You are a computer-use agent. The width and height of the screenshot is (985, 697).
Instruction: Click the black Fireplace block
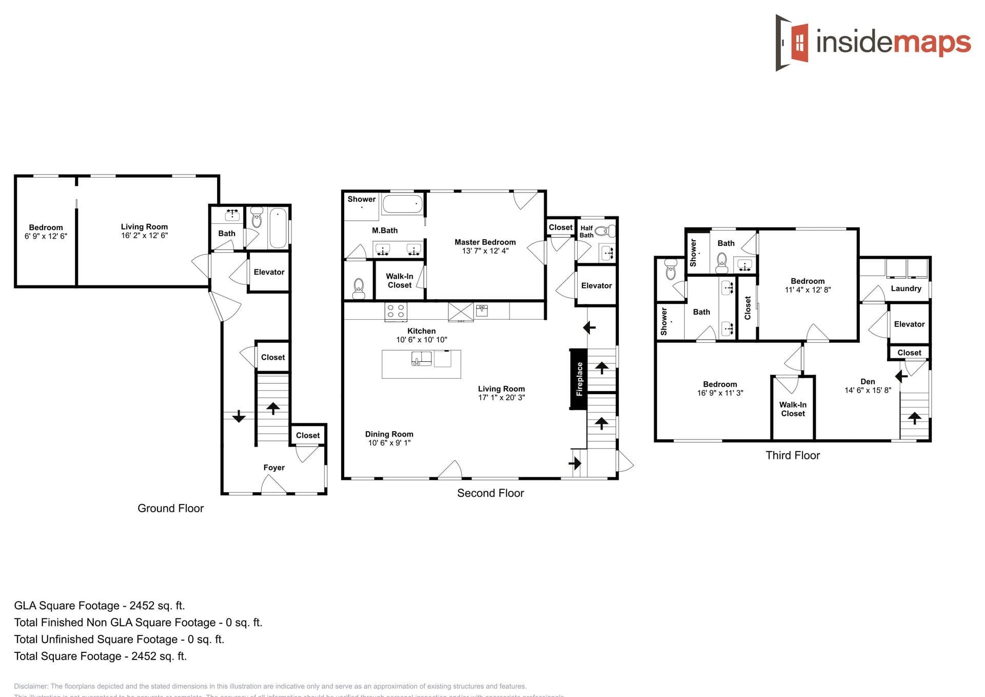(579, 379)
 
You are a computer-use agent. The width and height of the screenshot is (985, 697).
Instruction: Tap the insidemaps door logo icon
(793, 42)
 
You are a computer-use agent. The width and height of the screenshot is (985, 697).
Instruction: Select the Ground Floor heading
(170, 508)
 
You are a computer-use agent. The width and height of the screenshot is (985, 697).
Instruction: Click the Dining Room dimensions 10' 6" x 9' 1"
(389, 443)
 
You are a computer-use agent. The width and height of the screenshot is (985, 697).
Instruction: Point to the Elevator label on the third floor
(909, 324)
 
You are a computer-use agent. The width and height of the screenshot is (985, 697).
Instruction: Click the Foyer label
(273, 468)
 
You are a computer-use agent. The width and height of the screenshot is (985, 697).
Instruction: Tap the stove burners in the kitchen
(396, 311)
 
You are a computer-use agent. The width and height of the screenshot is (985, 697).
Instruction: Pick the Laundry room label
(905, 288)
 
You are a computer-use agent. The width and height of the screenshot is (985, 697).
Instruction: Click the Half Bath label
(586, 231)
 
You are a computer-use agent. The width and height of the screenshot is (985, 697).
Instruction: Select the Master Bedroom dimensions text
(485, 251)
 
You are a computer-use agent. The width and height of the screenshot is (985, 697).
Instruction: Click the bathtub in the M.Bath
(403, 204)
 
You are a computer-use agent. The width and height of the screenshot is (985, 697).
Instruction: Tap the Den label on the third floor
(868, 381)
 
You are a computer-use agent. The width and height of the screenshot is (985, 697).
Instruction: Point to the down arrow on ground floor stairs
(239, 416)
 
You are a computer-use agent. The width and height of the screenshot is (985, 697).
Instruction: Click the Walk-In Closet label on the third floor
(793, 409)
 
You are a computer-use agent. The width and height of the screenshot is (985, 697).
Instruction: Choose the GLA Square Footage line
(100, 606)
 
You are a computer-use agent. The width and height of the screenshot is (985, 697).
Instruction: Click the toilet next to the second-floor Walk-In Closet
(359, 288)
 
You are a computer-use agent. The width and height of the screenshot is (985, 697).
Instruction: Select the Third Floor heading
(793, 455)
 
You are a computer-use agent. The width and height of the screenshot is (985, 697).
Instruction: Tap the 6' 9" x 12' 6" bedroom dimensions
(46, 236)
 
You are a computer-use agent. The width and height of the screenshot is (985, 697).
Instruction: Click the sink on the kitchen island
(421, 358)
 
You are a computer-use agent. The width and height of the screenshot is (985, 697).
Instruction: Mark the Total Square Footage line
(101, 656)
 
